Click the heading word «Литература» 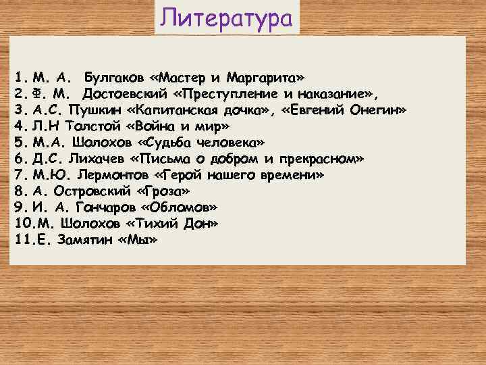tap(227, 18)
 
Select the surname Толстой tap(91, 126)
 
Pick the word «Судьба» tap(167, 142)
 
